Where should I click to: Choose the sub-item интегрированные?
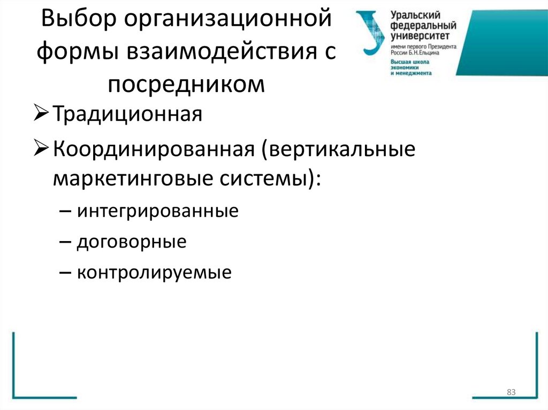coord(157,211)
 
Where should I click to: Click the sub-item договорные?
coord(132,242)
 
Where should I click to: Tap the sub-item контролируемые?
coord(154,273)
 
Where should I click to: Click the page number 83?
coord(511,393)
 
